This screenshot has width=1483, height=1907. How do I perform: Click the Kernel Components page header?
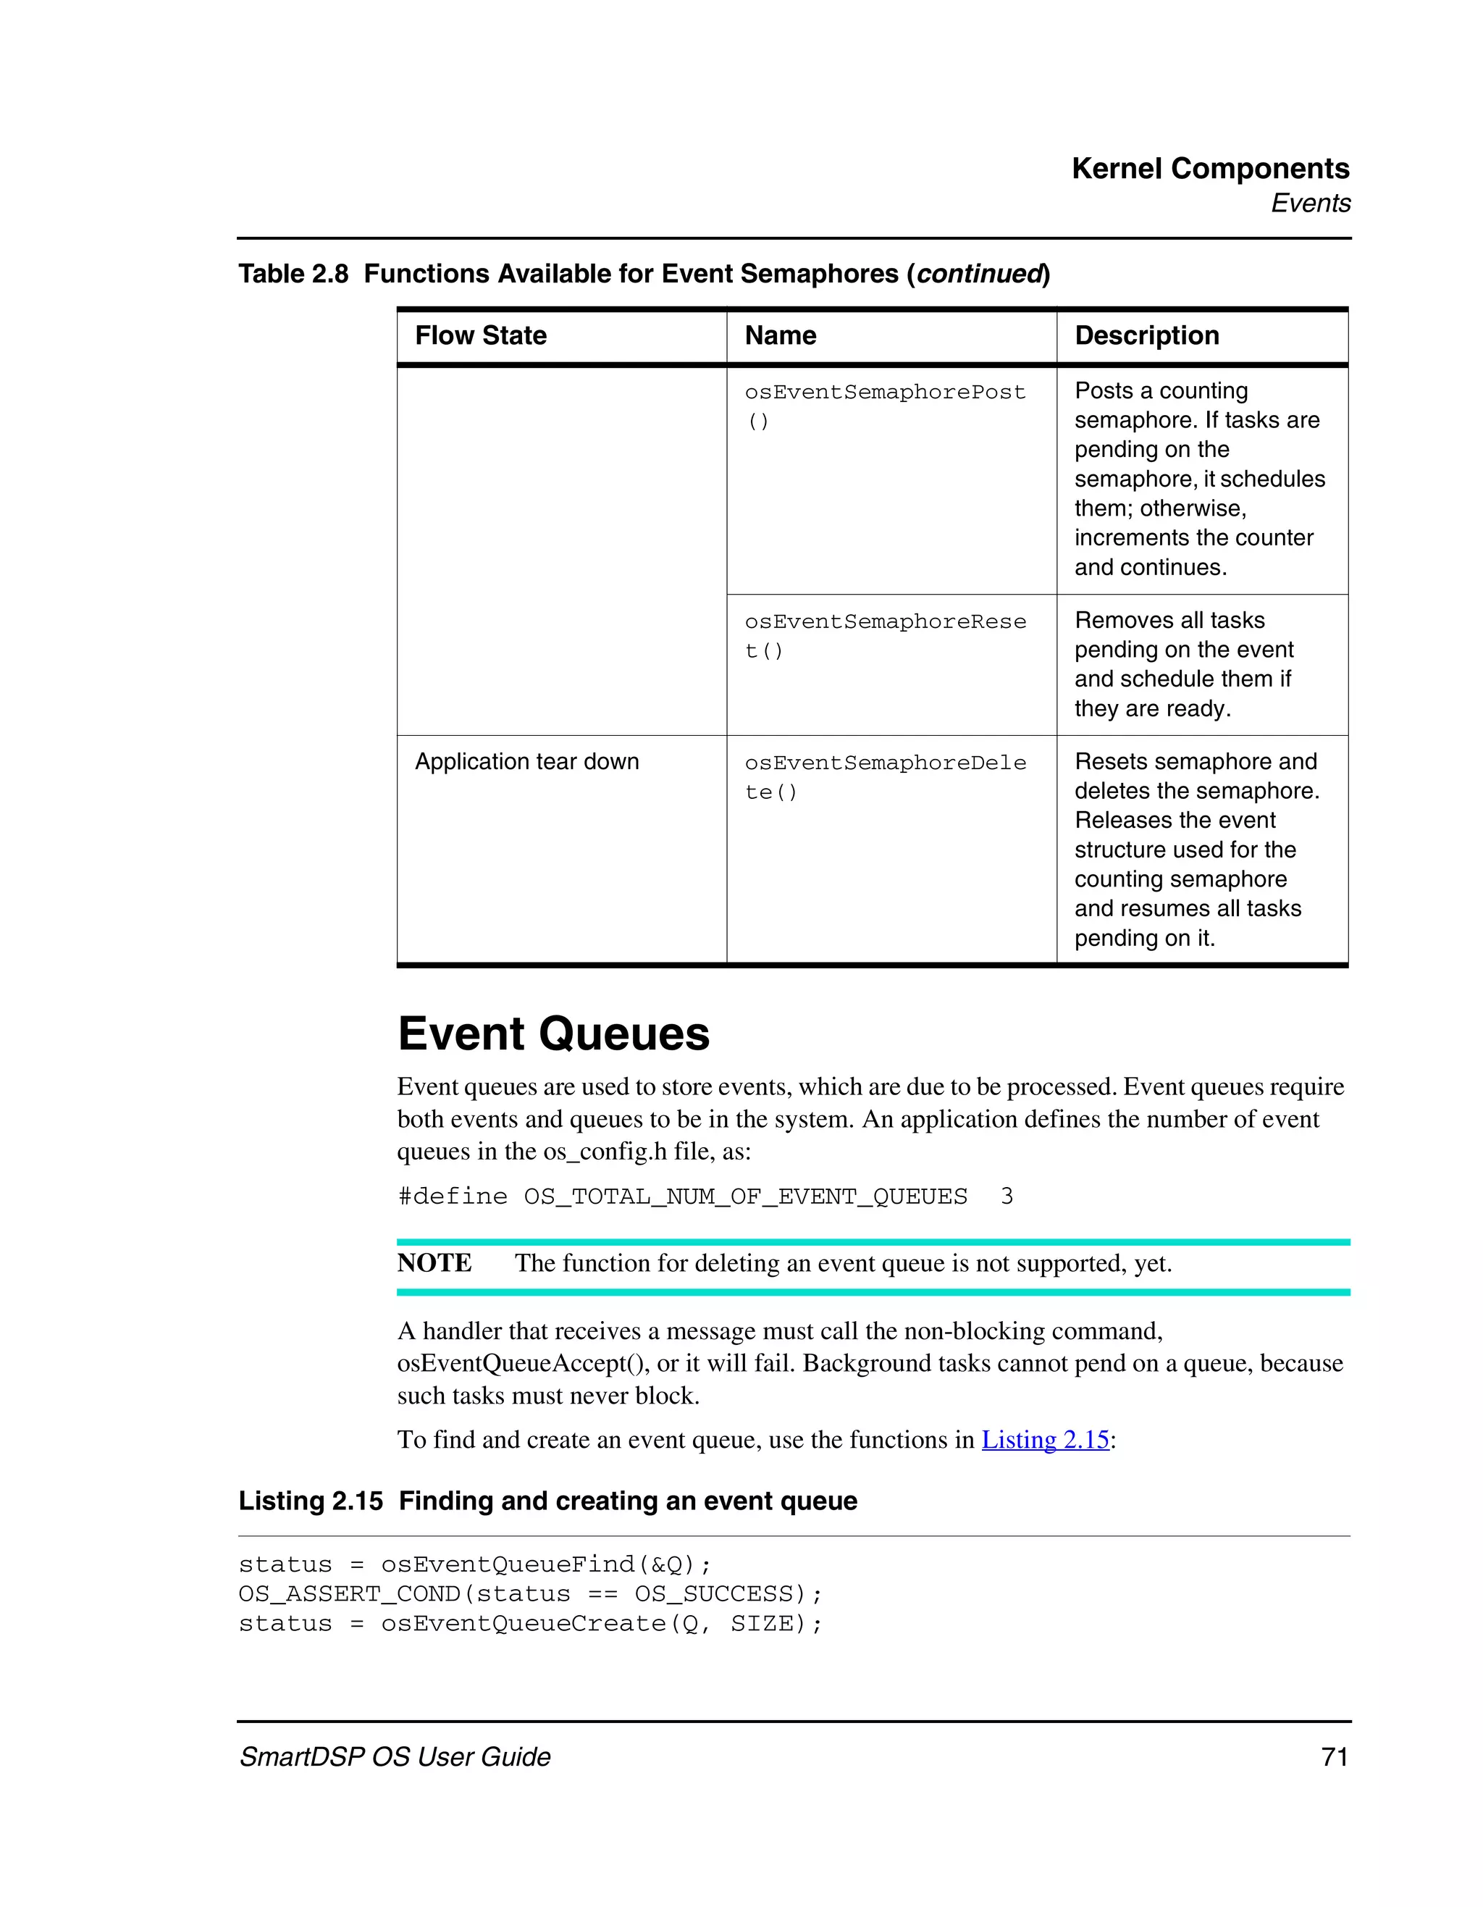(x=1210, y=169)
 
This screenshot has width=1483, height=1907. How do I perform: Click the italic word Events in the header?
(x=1309, y=204)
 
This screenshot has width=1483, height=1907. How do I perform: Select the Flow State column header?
(x=480, y=335)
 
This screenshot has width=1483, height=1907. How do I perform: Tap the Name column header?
(x=781, y=335)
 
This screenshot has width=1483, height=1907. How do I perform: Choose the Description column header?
(x=1146, y=335)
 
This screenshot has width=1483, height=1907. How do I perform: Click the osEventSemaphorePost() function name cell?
(x=884, y=406)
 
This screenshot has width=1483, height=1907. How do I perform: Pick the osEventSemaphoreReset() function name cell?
(x=884, y=636)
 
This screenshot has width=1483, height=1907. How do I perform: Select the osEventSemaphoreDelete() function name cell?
(x=884, y=777)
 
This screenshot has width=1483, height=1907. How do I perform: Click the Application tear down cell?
(x=526, y=761)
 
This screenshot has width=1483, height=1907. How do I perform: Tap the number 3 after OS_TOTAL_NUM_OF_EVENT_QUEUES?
(x=1007, y=1196)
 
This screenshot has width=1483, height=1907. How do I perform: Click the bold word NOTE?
(x=434, y=1262)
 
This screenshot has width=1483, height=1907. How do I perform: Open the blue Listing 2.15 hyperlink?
(x=1045, y=1439)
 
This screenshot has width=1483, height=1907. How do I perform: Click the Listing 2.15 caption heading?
(x=547, y=1500)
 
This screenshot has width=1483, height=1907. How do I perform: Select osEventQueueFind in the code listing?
(x=508, y=1564)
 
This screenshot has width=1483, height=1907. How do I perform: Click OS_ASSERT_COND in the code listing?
(x=349, y=1593)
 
